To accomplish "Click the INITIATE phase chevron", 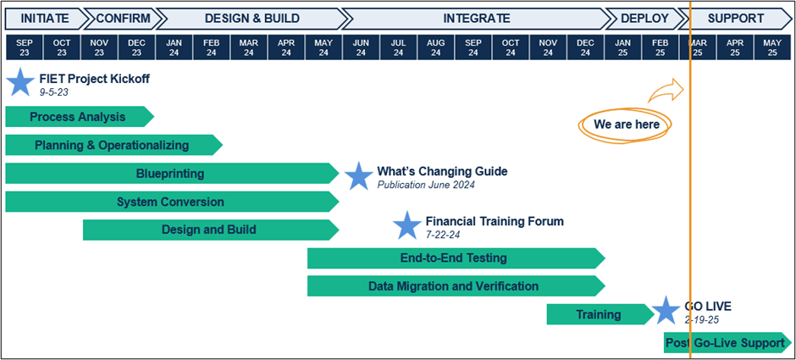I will [x=44, y=18].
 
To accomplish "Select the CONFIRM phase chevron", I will [x=123, y=18].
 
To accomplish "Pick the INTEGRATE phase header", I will [x=476, y=18].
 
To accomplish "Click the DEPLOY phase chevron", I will [x=644, y=18].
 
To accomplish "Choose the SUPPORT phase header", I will [x=735, y=18].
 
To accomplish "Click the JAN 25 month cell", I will [x=622, y=47].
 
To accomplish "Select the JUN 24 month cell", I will [x=361, y=47].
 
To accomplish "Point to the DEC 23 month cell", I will [x=136, y=47].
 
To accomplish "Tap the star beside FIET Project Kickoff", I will [x=19, y=82].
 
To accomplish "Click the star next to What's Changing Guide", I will [x=358, y=176].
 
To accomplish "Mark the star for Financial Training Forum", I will [x=407, y=225].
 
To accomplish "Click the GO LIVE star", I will [x=666, y=311].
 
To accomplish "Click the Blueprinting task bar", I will [x=170, y=174].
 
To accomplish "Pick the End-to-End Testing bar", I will [x=454, y=258].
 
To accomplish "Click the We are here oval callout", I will [x=626, y=125].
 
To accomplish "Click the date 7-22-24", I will [x=445, y=235].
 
